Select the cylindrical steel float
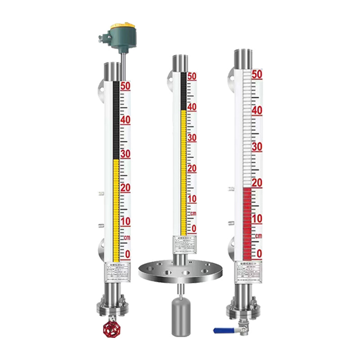(x=180, y=317)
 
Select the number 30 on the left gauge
(x=125, y=154)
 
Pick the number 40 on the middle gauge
(x=192, y=107)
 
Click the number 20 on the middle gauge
(x=192, y=168)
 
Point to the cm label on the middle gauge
(x=193, y=213)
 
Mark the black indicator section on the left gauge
(x=116, y=119)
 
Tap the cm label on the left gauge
(x=126, y=237)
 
